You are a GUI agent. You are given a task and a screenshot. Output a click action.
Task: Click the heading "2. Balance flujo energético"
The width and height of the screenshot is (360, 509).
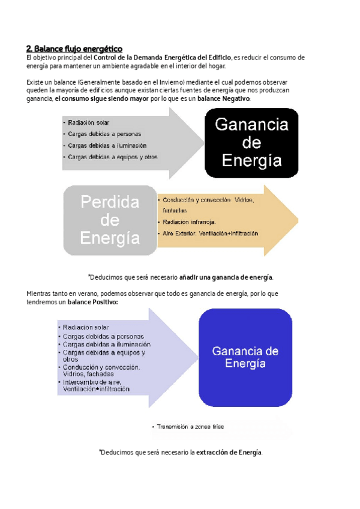click(x=74, y=48)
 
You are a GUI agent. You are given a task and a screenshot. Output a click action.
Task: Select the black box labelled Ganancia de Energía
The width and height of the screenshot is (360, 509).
click(x=251, y=143)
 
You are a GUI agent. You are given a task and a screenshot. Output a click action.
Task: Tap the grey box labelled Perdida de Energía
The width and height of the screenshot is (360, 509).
click(x=110, y=220)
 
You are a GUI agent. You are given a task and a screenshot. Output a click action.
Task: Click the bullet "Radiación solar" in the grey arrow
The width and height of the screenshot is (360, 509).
click(x=88, y=122)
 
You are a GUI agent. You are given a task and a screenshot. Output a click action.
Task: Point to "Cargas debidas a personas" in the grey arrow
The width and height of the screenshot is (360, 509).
click(x=104, y=134)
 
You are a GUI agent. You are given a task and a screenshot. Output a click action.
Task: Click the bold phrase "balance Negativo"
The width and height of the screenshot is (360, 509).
click(x=224, y=98)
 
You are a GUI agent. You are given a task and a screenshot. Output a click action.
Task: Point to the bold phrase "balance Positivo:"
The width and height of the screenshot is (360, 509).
click(x=92, y=302)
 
